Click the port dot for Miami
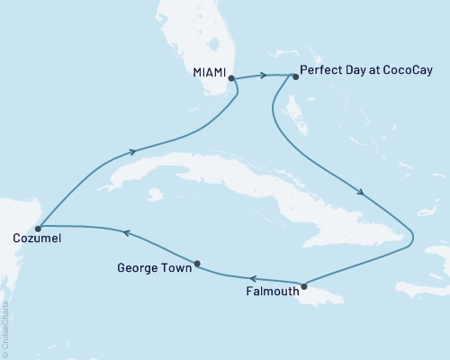point(232,78)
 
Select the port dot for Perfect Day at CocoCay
point(294,76)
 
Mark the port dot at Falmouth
point(304,287)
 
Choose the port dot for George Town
point(197,264)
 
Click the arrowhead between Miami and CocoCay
point(267,75)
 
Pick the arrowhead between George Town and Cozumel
point(125,233)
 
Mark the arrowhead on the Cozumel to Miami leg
point(134,151)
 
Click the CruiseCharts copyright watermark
point(5,328)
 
